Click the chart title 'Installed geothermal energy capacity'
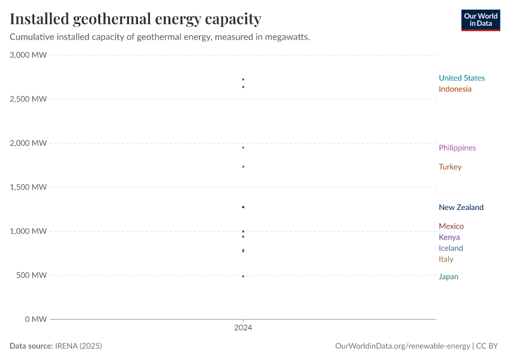(x=136, y=19)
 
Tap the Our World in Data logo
(x=480, y=20)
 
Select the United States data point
(x=243, y=79)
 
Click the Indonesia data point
(x=243, y=87)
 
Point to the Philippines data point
(x=243, y=148)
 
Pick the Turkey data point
(x=243, y=167)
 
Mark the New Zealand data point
(x=243, y=207)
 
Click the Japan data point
(x=243, y=277)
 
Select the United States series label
(x=461, y=78)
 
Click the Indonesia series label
(x=455, y=89)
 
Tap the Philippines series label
(x=457, y=148)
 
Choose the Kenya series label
(x=449, y=238)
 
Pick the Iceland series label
(x=451, y=248)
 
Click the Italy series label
(x=446, y=260)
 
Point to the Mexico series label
(x=451, y=226)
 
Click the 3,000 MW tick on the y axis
(x=28, y=55)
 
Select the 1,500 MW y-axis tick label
(x=28, y=187)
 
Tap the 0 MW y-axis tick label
(x=35, y=319)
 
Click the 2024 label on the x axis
(x=243, y=328)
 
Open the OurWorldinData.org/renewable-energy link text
(x=402, y=346)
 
